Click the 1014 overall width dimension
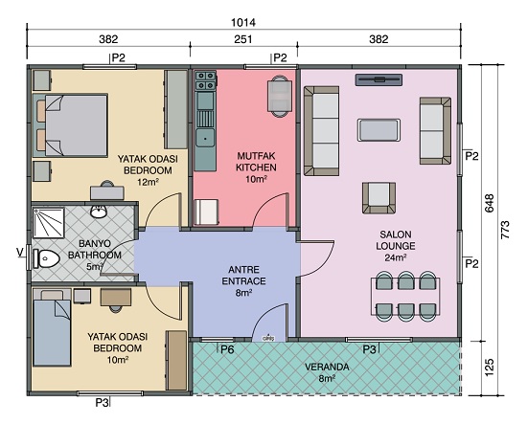(x=243, y=22)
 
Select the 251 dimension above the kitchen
(x=242, y=39)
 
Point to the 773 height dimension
(x=505, y=230)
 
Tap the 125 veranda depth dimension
(x=490, y=368)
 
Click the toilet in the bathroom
(x=46, y=258)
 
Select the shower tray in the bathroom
(x=49, y=223)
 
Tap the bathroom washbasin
(x=99, y=212)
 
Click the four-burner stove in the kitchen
(x=205, y=80)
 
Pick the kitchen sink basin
(x=205, y=138)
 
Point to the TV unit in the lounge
(x=379, y=79)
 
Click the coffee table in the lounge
(x=379, y=130)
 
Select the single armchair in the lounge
(x=379, y=198)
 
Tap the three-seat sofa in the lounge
(x=322, y=131)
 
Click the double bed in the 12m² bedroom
(x=70, y=125)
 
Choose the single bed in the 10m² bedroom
(x=52, y=328)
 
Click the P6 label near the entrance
(x=227, y=349)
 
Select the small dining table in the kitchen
(x=280, y=97)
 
